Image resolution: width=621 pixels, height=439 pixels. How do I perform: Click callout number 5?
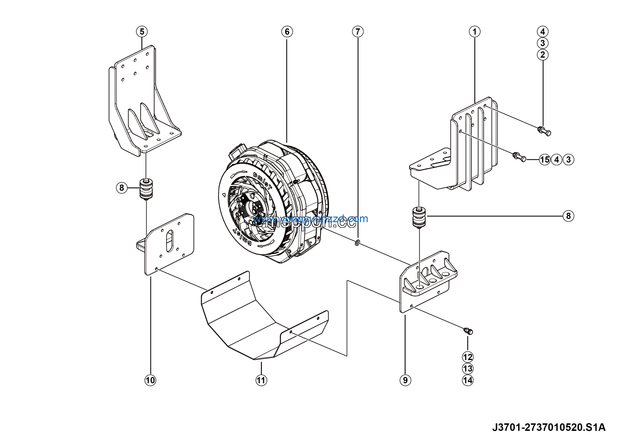click(142, 32)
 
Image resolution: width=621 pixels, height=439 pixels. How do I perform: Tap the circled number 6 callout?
click(287, 32)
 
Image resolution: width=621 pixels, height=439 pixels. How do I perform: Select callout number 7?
click(358, 32)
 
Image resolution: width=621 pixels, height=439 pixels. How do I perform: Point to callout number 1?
click(474, 32)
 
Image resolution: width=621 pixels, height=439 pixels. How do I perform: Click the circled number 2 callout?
click(543, 55)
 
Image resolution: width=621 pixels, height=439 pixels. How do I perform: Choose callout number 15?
click(545, 160)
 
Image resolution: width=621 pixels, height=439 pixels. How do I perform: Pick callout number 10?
click(150, 380)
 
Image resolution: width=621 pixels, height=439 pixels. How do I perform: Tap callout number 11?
click(261, 380)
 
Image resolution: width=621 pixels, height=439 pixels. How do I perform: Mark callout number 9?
click(405, 380)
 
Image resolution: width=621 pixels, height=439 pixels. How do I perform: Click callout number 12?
click(468, 357)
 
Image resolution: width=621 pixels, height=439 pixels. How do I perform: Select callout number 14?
click(468, 380)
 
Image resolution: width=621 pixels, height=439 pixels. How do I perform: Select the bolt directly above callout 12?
click(468, 331)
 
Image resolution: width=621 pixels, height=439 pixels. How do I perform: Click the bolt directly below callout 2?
click(544, 131)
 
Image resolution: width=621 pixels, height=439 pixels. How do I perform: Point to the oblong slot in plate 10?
click(170, 241)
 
